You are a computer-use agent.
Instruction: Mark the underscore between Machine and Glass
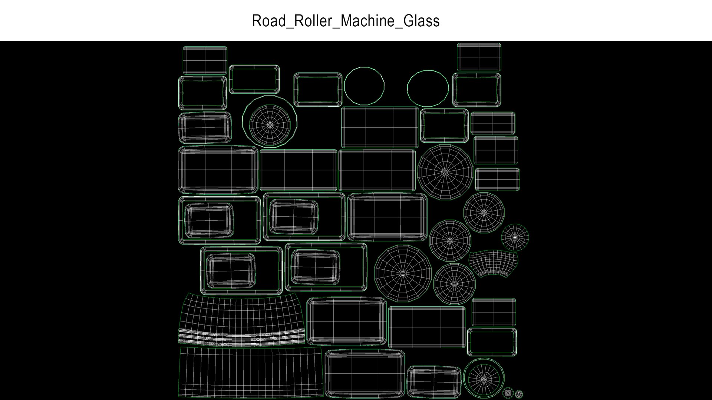(398, 27)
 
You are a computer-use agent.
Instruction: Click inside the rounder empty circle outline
(364, 86)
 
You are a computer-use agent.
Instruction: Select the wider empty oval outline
(428, 88)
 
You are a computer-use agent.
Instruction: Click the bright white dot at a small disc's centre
(515, 237)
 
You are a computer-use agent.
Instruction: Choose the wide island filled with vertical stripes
(250, 372)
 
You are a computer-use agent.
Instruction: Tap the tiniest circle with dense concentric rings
(519, 394)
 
